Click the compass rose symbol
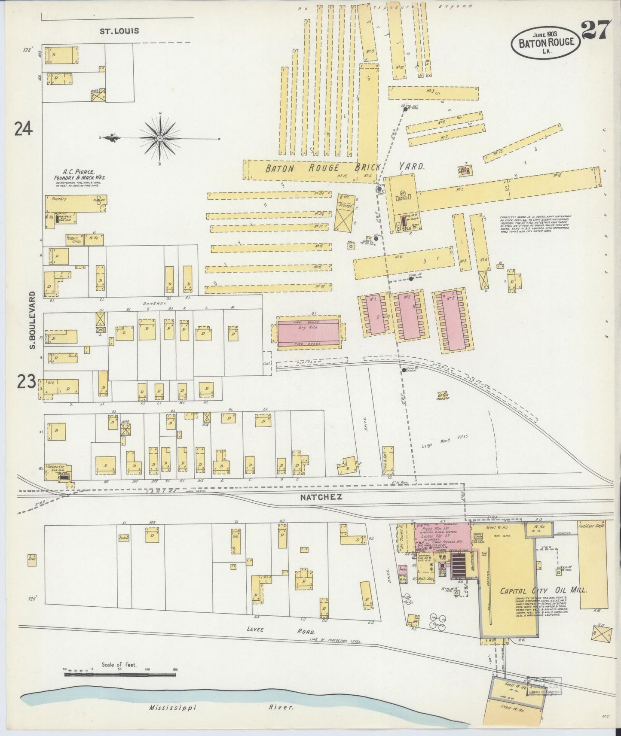(160, 138)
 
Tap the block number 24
(23, 128)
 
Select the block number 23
(27, 381)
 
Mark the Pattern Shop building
(74, 239)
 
